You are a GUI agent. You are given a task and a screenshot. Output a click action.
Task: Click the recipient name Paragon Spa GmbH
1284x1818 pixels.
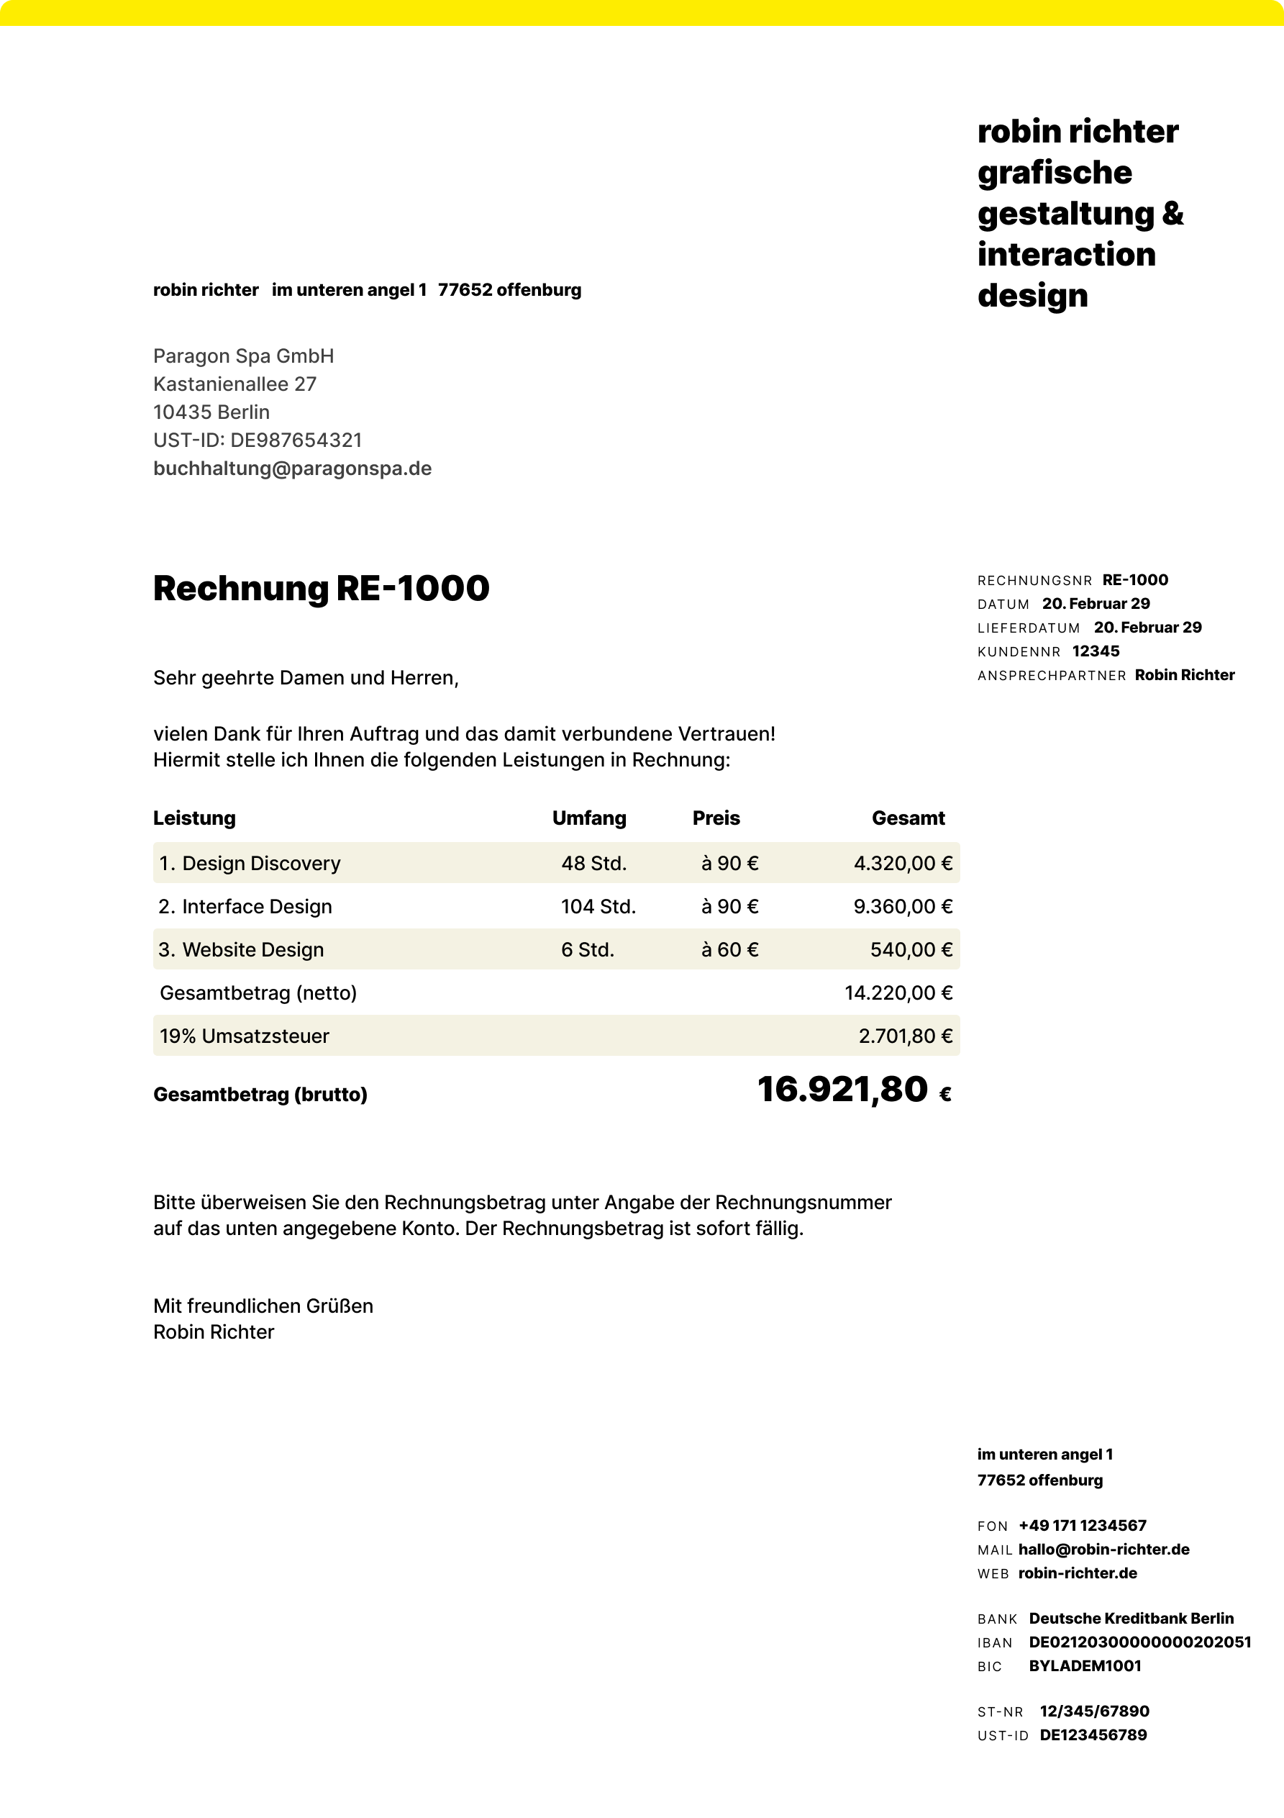click(243, 356)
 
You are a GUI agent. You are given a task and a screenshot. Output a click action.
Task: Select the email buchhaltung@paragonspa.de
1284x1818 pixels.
click(292, 469)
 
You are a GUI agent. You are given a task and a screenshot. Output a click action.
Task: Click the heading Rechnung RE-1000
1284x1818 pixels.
click(321, 588)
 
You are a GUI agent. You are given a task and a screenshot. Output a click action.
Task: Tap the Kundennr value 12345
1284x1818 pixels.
click(1096, 651)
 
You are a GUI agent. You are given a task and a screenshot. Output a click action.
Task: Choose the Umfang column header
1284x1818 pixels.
click(589, 818)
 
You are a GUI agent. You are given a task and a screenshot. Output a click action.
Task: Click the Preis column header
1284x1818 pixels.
click(716, 818)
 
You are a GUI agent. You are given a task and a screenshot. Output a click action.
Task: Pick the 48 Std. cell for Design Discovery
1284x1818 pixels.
click(593, 863)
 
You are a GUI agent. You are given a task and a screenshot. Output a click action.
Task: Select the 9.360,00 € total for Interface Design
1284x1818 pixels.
click(903, 907)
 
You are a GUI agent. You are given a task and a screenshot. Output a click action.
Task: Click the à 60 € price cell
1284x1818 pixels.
click(729, 949)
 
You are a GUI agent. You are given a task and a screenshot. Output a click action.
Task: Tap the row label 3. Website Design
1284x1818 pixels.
click(242, 949)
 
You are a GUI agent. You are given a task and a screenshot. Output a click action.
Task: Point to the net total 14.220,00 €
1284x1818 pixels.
click(898, 993)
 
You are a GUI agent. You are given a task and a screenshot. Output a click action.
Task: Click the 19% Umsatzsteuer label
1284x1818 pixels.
click(244, 1036)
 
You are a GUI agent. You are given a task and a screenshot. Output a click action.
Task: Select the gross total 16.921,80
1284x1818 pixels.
click(842, 1090)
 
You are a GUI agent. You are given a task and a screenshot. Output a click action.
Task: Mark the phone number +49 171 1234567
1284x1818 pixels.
click(1082, 1526)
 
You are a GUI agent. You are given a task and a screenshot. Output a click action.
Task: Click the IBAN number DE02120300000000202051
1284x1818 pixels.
click(1139, 1642)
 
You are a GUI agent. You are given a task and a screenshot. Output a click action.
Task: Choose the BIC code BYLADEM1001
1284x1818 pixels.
click(1085, 1666)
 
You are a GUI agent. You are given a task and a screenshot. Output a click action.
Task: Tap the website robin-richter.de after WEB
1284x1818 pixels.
click(1078, 1573)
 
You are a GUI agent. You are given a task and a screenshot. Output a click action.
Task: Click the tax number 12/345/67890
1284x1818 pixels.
click(1094, 1711)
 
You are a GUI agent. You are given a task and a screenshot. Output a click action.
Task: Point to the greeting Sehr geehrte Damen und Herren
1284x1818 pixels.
click(306, 678)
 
